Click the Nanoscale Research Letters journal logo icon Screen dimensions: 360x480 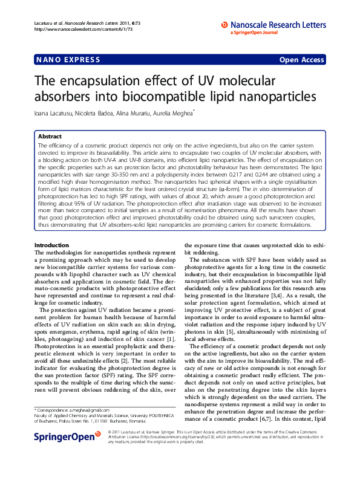(x=224, y=25)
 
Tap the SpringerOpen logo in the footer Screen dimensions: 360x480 (x=67, y=452)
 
